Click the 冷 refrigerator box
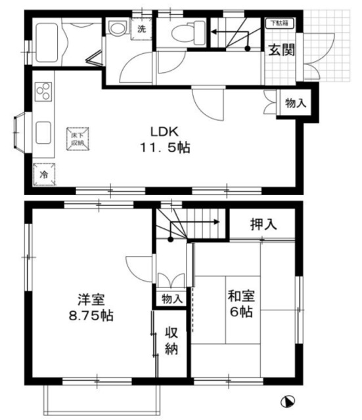pos(44,175)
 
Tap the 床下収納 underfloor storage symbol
pos(78,139)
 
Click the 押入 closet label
pos(263,224)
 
